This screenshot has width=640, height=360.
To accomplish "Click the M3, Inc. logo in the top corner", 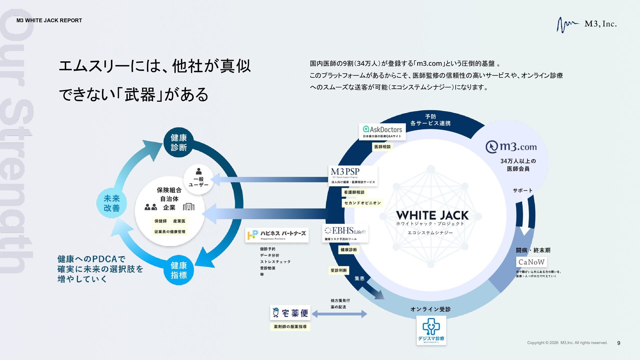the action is [587, 24].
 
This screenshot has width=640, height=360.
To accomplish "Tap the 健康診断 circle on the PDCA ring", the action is [179, 142].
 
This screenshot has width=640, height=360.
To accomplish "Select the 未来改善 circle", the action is [111, 203].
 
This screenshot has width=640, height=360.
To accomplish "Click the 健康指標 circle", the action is [179, 270].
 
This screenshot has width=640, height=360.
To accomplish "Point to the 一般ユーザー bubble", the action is [199, 179].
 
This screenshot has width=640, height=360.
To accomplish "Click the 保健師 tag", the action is [160, 221].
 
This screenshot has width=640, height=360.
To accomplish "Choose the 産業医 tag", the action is [179, 221].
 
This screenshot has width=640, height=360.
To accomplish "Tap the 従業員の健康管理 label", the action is [170, 232].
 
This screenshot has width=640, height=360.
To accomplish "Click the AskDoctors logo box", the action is [382, 132].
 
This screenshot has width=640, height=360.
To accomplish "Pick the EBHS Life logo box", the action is [345, 233].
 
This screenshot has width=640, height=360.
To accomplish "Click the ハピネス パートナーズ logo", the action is [277, 235].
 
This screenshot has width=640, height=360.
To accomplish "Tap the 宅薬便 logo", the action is [290, 313].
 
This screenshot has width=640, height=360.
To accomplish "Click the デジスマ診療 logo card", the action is [431, 330].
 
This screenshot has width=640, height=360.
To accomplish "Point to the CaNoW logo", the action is [531, 262].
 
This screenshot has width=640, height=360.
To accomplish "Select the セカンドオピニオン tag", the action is [362, 203].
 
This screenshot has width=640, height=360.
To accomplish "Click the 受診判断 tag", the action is [339, 270].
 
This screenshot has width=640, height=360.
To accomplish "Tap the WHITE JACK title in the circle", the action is [432, 215].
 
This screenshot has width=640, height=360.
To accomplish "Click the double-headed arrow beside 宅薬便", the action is [339, 314].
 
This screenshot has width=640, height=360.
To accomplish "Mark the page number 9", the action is [619, 343].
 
